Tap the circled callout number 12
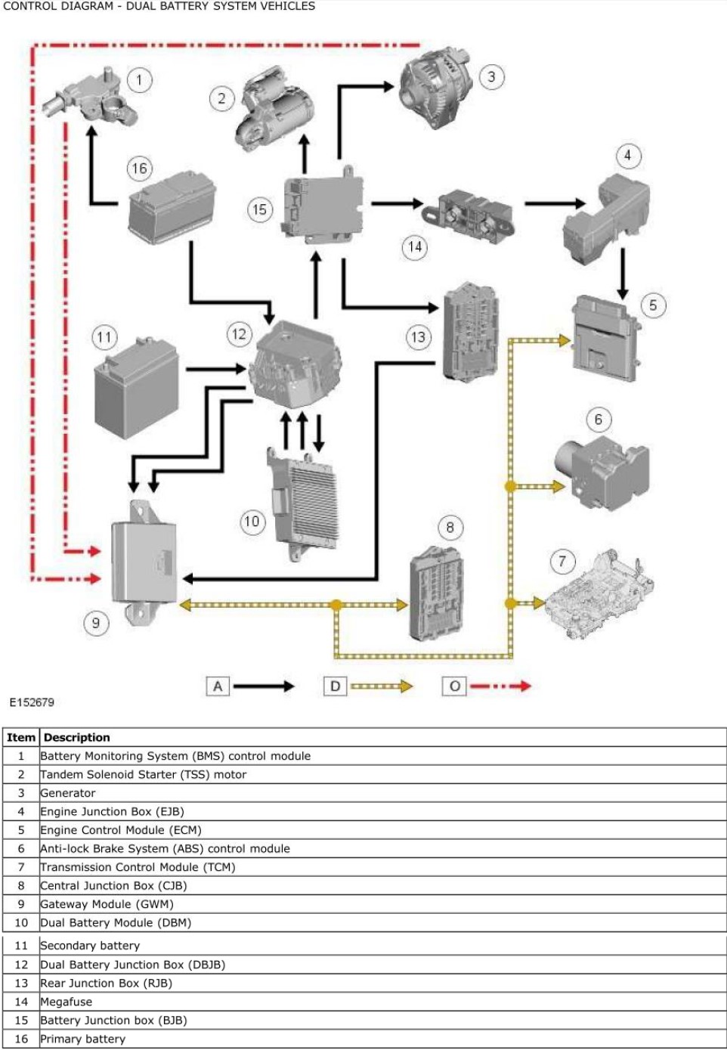tap(240, 333)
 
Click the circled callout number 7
tap(561, 561)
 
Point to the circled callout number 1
tap(139, 80)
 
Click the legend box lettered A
tap(218, 686)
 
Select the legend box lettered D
tap(336, 686)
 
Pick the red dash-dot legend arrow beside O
tap(500, 686)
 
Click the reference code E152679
tap(32, 702)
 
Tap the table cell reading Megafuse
tap(67, 1002)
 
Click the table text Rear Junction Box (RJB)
tap(106, 983)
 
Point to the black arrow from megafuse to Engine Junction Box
tap(555, 203)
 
